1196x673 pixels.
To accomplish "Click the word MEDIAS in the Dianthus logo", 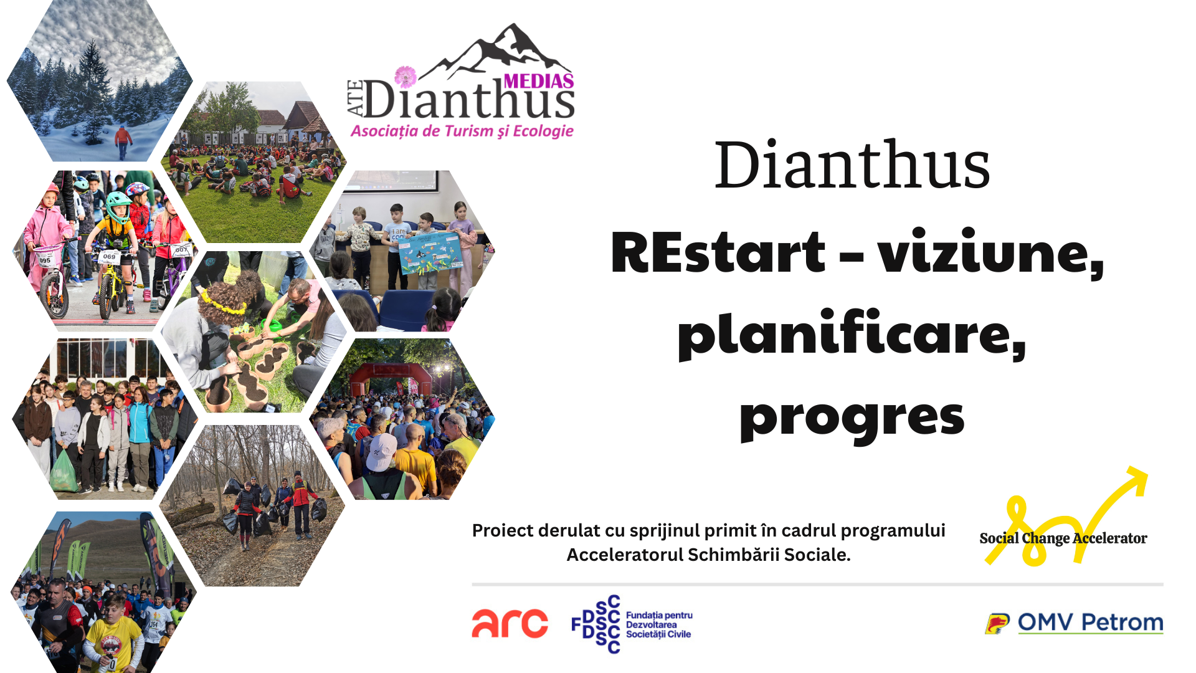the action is (x=539, y=81).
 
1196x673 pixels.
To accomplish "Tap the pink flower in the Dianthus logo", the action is (x=406, y=77).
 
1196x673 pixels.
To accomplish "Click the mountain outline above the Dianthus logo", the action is (x=498, y=53).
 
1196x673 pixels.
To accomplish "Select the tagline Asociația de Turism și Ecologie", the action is (x=462, y=131).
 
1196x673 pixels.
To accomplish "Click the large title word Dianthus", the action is (x=852, y=165).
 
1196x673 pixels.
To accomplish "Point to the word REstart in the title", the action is (x=718, y=252).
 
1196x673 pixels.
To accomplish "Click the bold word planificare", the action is (x=852, y=334).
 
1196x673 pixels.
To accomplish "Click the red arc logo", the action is (x=510, y=623).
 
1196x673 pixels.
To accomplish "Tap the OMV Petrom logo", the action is (x=1074, y=623).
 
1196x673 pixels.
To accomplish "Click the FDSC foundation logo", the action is (x=632, y=624).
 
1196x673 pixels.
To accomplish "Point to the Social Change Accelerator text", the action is (x=1063, y=538).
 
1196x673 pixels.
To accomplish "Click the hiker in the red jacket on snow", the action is (x=123, y=141).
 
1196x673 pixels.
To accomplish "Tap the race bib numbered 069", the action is (x=109, y=256).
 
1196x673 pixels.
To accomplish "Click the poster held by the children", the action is (x=431, y=252).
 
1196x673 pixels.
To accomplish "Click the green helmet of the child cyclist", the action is (x=118, y=205).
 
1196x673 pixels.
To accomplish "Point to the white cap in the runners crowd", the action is (x=381, y=451).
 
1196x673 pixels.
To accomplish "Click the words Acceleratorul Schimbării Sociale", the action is (x=708, y=555).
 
